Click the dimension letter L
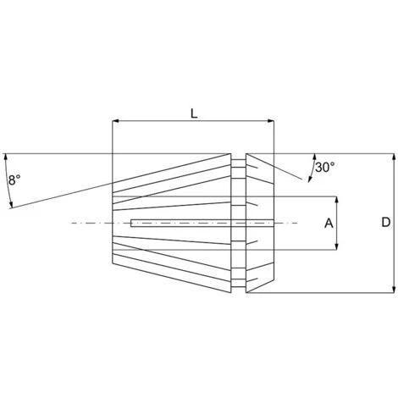click(194, 113)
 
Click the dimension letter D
click(385, 223)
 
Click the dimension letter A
click(329, 224)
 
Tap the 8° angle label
click(14, 180)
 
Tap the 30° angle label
click(325, 168)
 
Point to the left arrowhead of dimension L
click(115, 121)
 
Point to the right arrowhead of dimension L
click(271, 121)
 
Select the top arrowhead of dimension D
click(394, 157)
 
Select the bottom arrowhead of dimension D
click(394, 290)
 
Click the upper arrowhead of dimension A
click(336, 200)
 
